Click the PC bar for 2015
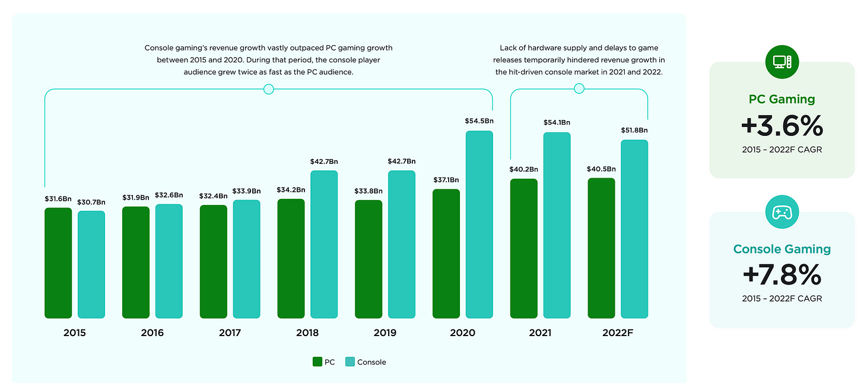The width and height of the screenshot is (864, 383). pyautogui.click(x=58, y=263)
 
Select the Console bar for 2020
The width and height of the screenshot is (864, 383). pyautogui.click(x=479, y=224)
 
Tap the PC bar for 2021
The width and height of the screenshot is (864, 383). pyautogui.click(x=524, y=248)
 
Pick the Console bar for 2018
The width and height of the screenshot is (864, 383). pyautogui.click(x=323, y=244)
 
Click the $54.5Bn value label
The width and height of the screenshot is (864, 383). pyautogui.click(x=479, y=121)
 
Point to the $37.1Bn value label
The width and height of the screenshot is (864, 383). pyautogui.click(x=446, y=179)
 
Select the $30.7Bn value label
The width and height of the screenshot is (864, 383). pyautogui.click(x=91, y=202)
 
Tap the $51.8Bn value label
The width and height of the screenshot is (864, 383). pyautogui.click(x=634, y=130)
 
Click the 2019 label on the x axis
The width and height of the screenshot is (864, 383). pyautogui.click(x=385, y=333)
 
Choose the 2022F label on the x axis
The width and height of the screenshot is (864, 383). pyautogui.click(x=618, y=333)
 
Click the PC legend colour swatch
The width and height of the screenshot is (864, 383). pyautogui.click(x=317, y=362)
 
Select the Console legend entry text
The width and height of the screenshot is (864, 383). pyautogui.click(x=371, y=362)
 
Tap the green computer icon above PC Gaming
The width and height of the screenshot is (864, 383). pyautogui.click(x=782, y=62)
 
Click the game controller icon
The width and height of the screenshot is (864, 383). pyautogui.click(x=782, y=212)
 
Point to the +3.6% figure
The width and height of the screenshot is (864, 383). pyautogui.click(x=782, y=126)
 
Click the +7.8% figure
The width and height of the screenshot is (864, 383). pyautogui.click(x=782, y=275)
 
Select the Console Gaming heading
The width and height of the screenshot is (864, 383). pyautogui.click(x=782, y=249)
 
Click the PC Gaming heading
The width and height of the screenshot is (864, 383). pyautogui.click(x=782, y=99)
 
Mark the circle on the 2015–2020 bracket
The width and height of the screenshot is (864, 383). pyautogui.click(x=268, y=89)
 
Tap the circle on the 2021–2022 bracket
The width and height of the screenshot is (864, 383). pyautogui.click(x=579, y=88)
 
